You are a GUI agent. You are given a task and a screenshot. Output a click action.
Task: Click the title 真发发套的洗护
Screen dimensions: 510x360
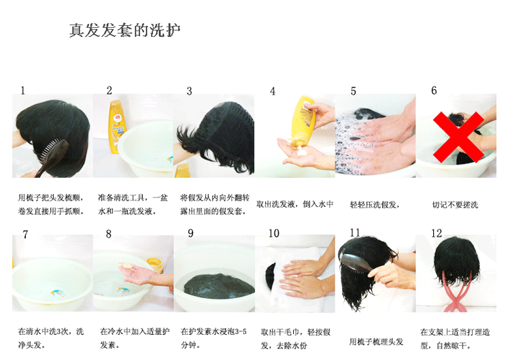(125, 30)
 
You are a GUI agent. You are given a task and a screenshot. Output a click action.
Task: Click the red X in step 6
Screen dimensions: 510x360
(458, 137)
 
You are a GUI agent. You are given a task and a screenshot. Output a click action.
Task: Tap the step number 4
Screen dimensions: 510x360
(273, 91)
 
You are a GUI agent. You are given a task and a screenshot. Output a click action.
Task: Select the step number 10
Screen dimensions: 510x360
(274, 233)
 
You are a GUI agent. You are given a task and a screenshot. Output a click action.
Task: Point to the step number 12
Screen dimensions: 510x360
(437, 233)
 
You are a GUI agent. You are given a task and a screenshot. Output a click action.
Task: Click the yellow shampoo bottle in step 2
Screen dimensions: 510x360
(117, 127)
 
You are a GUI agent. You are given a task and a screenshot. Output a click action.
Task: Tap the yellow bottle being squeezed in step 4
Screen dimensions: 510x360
(303, 121)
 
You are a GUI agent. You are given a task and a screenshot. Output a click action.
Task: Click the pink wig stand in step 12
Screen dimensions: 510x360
(456, 293)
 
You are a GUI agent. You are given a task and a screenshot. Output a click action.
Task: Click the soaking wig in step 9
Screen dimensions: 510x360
(219, 286)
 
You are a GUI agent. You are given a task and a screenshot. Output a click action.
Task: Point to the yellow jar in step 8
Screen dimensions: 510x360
(156, 265)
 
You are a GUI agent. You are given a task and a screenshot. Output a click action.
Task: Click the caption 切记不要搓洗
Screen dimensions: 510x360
(455, 205)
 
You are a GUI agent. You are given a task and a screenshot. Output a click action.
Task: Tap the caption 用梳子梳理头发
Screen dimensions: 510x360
(376, 342)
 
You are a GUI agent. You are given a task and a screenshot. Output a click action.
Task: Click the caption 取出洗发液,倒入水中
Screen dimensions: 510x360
(295, 204)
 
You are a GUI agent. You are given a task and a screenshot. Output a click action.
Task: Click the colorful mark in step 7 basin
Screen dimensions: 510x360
(58, 293)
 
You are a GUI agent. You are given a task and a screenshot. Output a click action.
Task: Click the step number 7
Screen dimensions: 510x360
(25, 234)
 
